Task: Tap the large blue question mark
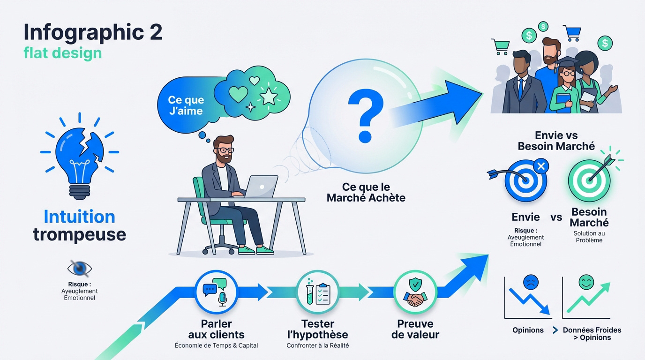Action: click(366, 115)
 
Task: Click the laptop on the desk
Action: click(260, 187)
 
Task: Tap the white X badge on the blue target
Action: click(541, 166)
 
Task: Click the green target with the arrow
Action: click(589, 180)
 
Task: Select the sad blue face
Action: click(531, 282)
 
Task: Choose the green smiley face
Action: click(586, 282)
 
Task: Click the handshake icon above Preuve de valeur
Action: click(415, 299)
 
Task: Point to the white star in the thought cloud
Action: click(269, 96)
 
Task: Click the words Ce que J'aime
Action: click(186, 105)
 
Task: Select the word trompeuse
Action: click(80, 235)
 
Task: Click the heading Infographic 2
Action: click(93, 32)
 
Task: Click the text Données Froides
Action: click(592, 330)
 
